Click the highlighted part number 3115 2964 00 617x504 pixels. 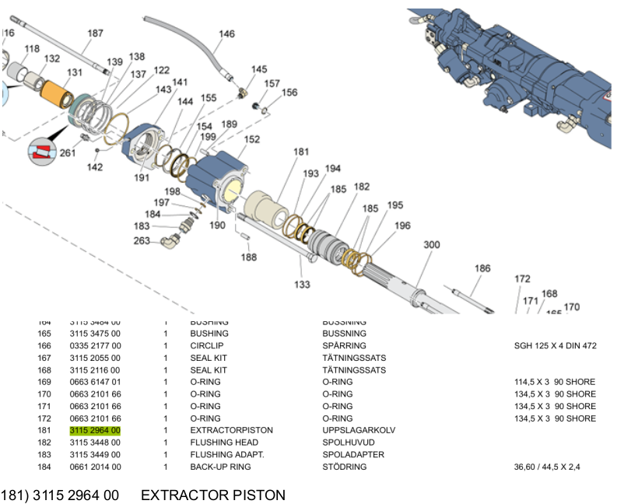pyautogui.click(x=95, y=430)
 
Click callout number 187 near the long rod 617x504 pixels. pyautogui.click(x=95, y=33)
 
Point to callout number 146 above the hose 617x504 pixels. pyautogui.click(x=226, y=34)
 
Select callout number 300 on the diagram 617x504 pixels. pyautogui.click(x=432, y=244)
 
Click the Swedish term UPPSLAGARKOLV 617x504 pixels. pyautogui.click(x=359, y=430)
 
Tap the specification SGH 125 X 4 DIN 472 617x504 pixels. pyautogui.click(x=555, y=346)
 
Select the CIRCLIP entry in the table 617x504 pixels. pyautogui.click(x=206, y=346)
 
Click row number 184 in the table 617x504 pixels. pyautogui.click(x=44, y=467)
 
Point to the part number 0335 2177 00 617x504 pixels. pyautogui.click(x=95, y=346)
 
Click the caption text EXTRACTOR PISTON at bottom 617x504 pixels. pyautogui.click(x=213, y=495)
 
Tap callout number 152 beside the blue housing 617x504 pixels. pyautogui.click(x=252, y=140)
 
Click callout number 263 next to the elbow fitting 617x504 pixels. pyautogui.click(x=142, y=240)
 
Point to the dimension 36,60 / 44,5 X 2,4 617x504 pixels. pyautogui.click(x=548, y=467)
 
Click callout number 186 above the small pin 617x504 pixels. pyautogui.click(x=482, y=268)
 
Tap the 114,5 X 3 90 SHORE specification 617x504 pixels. pyautogui.click(x=555, y=382)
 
